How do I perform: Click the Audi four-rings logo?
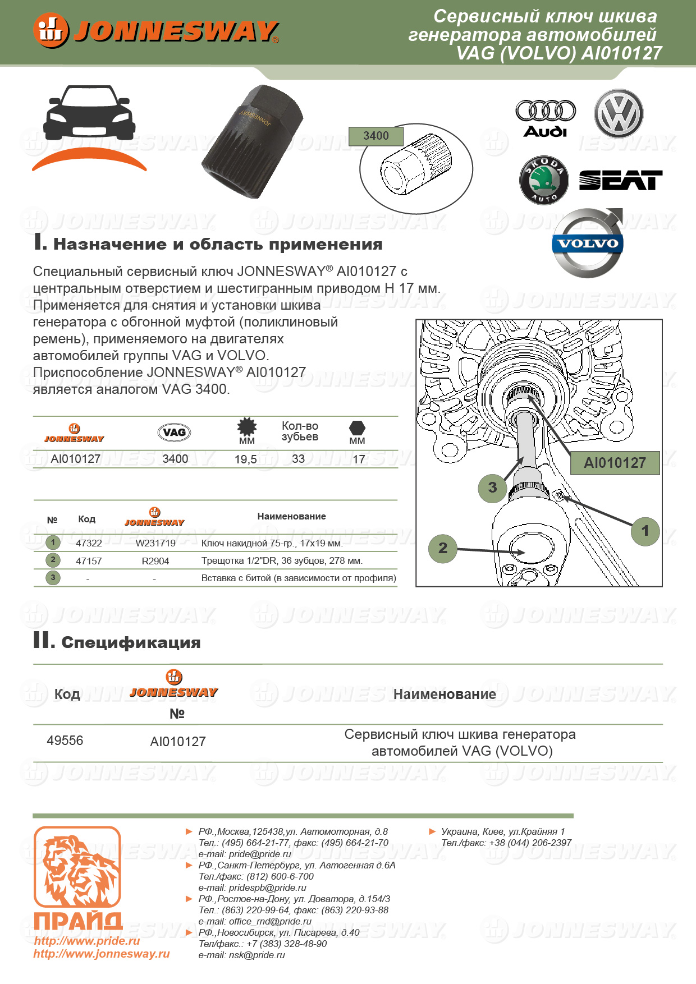click(545, 118)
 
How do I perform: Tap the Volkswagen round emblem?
click(619, 113)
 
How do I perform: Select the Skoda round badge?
click(543, 180)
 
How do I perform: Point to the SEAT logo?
click(620, 181)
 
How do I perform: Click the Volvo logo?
click(588, 243)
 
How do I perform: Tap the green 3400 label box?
click(376, 136)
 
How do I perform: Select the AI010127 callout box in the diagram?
click(615, 463)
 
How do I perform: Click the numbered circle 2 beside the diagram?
click(443, 548)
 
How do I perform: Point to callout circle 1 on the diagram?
click(645, 531)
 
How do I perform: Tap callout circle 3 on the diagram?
click(492, 488)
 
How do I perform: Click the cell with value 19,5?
click(245, 459)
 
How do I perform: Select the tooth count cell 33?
click(298, 459)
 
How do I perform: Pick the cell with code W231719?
click(155, 543)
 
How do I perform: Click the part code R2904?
click(155, 561)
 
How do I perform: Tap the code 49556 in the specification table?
click(65, 741)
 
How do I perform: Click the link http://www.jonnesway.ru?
click(101, 954)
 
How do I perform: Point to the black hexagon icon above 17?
click(357, 428)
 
